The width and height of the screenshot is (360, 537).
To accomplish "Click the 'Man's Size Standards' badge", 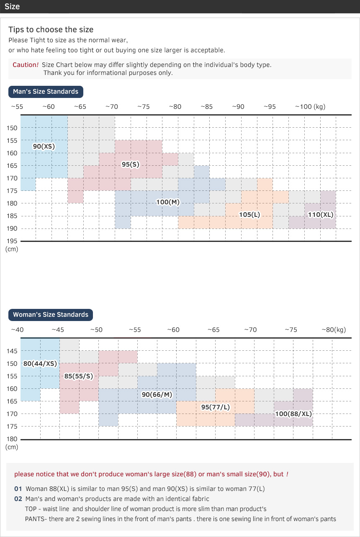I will point(46,92).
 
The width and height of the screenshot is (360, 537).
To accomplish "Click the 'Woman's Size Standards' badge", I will point(51,315).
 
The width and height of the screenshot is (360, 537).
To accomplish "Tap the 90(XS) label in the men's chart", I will point(44,146).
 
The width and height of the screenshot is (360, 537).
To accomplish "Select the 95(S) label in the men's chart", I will point(130,164).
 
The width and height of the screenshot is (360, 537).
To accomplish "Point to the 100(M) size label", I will point(168,202).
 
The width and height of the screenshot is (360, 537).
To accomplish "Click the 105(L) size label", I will point(249,215).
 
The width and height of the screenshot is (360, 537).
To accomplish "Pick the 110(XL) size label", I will point(321,215).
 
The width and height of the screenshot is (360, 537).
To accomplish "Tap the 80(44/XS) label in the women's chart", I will point(40,363).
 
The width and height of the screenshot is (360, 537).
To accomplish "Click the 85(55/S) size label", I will point(78,376).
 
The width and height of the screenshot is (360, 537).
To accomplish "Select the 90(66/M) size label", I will point(157,395).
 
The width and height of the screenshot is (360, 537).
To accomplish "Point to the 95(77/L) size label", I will point(215,407).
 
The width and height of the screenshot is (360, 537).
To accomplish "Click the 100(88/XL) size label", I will point(293,414).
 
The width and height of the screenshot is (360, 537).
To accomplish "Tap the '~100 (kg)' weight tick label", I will point(310,107).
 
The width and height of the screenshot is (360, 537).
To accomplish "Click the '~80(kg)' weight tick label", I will point(334,330).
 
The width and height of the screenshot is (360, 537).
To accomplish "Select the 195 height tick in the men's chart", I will point(12,241).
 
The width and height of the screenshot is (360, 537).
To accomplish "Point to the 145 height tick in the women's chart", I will point(12,351).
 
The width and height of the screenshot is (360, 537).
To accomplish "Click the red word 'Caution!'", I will point(26,65).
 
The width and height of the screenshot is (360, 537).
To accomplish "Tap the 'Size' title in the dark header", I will point(12,7).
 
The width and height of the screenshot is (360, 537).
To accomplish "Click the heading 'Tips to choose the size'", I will point(51,30).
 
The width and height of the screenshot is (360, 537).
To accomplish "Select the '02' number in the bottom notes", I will point(18,499).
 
